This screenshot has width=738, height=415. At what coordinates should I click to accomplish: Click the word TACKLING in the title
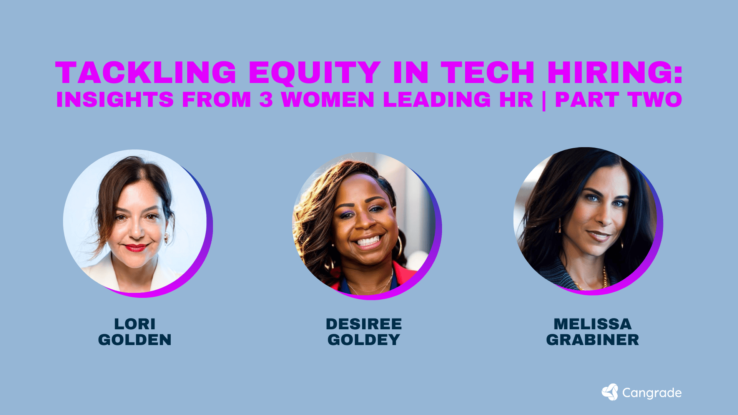click(146, 73)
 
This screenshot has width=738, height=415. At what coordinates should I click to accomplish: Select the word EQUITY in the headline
click(314, 73)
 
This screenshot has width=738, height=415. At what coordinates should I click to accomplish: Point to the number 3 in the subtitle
click(266, 100)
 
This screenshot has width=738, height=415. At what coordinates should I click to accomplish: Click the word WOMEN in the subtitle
click(328, 100)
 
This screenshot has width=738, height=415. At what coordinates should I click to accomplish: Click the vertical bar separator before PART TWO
click(544, 100)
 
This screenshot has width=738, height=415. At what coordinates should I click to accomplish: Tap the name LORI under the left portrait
click(135, 324)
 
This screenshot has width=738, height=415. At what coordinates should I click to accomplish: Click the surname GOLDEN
click(135, 340)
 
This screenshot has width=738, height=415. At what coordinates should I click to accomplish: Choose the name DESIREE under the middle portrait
click(364, 324)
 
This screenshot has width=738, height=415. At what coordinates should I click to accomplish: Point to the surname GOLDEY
click(364, 340)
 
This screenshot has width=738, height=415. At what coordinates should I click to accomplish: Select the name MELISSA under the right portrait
click(592, 324)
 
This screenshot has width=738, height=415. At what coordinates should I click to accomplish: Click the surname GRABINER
click(592, 340)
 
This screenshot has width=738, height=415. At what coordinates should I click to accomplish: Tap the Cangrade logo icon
click(610, 392)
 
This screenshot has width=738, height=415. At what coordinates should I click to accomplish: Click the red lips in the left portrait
click(135, 247)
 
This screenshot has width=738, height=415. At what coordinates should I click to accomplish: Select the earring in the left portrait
click(167, 238)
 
